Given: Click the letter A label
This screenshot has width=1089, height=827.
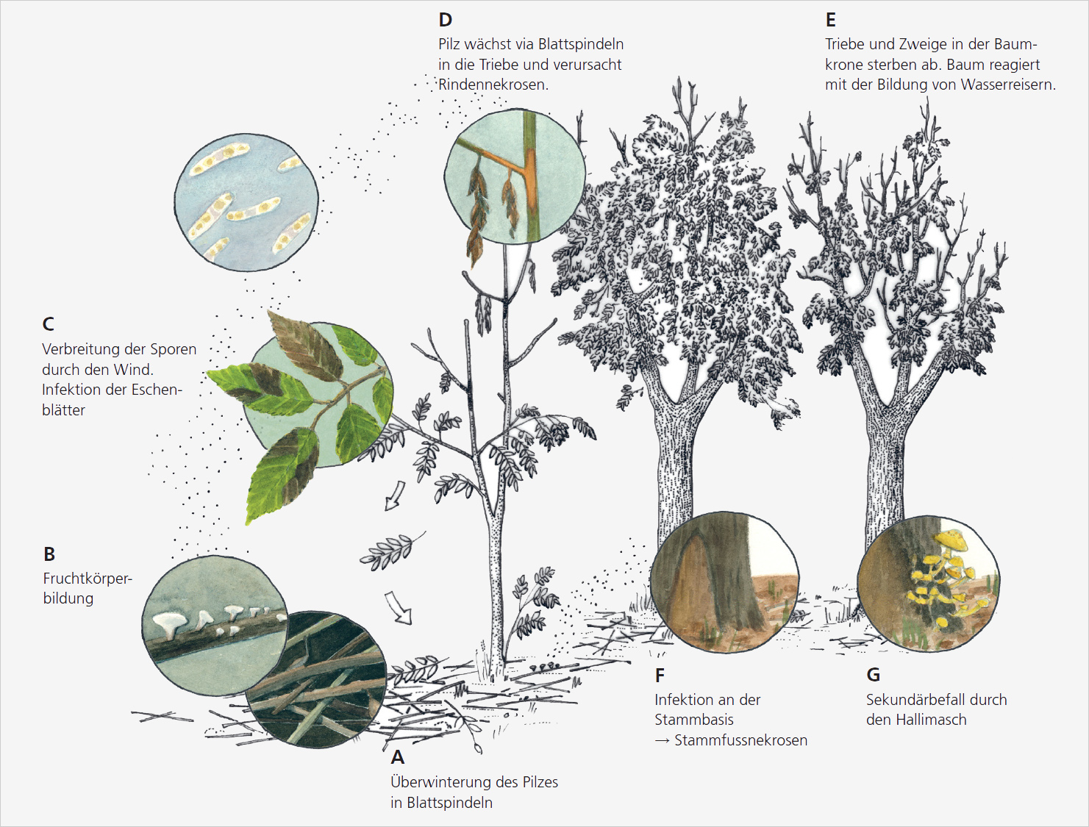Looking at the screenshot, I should [x=398, y=757].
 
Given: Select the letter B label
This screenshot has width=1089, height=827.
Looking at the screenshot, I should [x=49, y=554].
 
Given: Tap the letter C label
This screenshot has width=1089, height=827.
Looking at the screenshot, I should [x=49, y=324].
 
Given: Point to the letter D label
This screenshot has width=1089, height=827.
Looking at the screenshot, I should [x=446, y=20].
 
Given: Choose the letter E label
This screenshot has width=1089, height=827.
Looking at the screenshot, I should [x=831, y=20].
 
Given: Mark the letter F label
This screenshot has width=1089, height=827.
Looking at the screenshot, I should [x=660, y=675].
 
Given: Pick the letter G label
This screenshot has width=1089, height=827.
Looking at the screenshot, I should [x=874, y=675].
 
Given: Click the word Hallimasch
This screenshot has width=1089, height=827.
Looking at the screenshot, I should [x=931, y=720].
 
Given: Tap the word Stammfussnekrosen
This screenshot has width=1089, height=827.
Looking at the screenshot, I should [x=740, y=740].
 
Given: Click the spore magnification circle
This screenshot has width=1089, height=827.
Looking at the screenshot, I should [x=246, y=202].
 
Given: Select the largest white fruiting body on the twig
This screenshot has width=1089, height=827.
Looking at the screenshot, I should [x=169, y=623].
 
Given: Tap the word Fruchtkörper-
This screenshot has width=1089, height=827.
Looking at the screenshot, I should [x=88, y=579].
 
